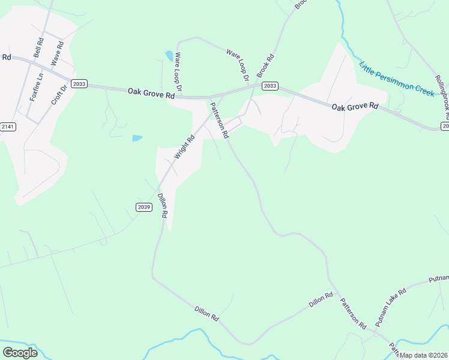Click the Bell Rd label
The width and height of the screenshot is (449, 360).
coord(39,48)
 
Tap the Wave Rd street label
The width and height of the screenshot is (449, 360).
coord(57,53)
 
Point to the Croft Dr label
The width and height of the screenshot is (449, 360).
coord(58,92)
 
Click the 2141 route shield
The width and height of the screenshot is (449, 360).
coord(7,127)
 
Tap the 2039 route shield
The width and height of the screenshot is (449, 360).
coord(143,207)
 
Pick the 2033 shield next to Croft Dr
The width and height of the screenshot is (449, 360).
coord(79,84)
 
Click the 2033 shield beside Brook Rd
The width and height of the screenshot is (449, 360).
coord(270,86)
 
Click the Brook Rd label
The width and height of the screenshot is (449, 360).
coord(265,67)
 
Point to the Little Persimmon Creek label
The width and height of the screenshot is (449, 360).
coord(396,79)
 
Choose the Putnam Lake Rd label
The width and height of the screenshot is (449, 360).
coord(391,307)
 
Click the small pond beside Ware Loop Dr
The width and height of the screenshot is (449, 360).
coord(169,56)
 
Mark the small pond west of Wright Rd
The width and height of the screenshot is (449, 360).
coord(137,138)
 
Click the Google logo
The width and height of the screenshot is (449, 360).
coord(20,353)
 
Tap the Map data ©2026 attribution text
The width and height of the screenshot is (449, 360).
coord(424,355)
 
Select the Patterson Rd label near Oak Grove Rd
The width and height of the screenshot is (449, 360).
coord(219,121)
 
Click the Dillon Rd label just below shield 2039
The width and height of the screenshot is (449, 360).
coord(162,205)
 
